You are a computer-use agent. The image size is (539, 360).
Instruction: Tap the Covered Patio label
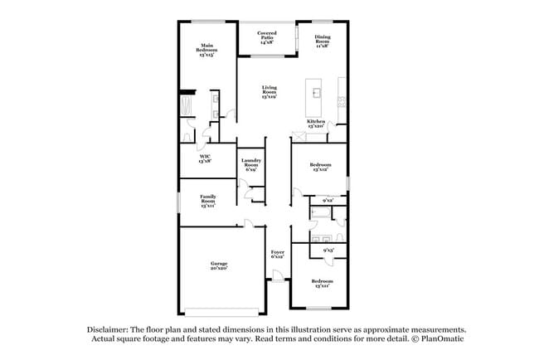coord(266,36)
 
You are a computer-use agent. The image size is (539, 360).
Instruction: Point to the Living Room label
coord(269,91)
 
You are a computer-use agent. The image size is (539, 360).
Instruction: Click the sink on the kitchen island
coord(317,91)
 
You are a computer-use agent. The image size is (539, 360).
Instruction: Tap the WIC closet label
coord(204,158)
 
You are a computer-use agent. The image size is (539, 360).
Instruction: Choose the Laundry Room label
coord(251,164)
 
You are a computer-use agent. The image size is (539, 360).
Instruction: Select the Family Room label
coord(207,200)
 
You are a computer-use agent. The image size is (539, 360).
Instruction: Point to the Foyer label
coord(278,254)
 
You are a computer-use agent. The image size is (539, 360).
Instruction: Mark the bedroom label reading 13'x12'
coord(321,168)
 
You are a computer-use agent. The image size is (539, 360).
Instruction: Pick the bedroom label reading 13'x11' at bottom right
coord(321,283)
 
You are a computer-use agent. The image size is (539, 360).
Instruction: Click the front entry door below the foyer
coord(278,282)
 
